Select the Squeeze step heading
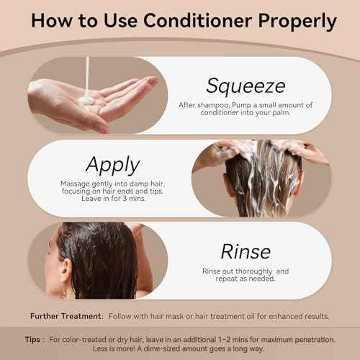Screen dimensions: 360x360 [246, 85]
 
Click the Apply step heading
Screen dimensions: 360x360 [112, 164]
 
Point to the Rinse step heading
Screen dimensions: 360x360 [246, 251]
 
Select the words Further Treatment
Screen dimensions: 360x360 [63, 316]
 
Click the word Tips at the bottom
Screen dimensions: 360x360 [38, 338]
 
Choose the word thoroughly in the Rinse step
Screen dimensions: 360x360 [261, 271]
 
